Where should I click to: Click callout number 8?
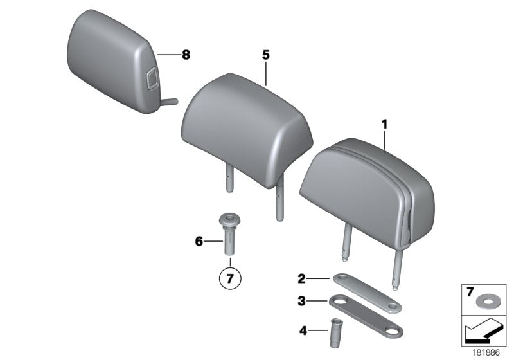(186, 55)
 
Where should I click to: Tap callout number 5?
(265, 55)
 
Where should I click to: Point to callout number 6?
(199, 241)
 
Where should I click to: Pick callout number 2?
(301, 278)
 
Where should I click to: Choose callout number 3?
(301, 300)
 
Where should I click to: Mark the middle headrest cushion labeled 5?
(247, 125)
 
